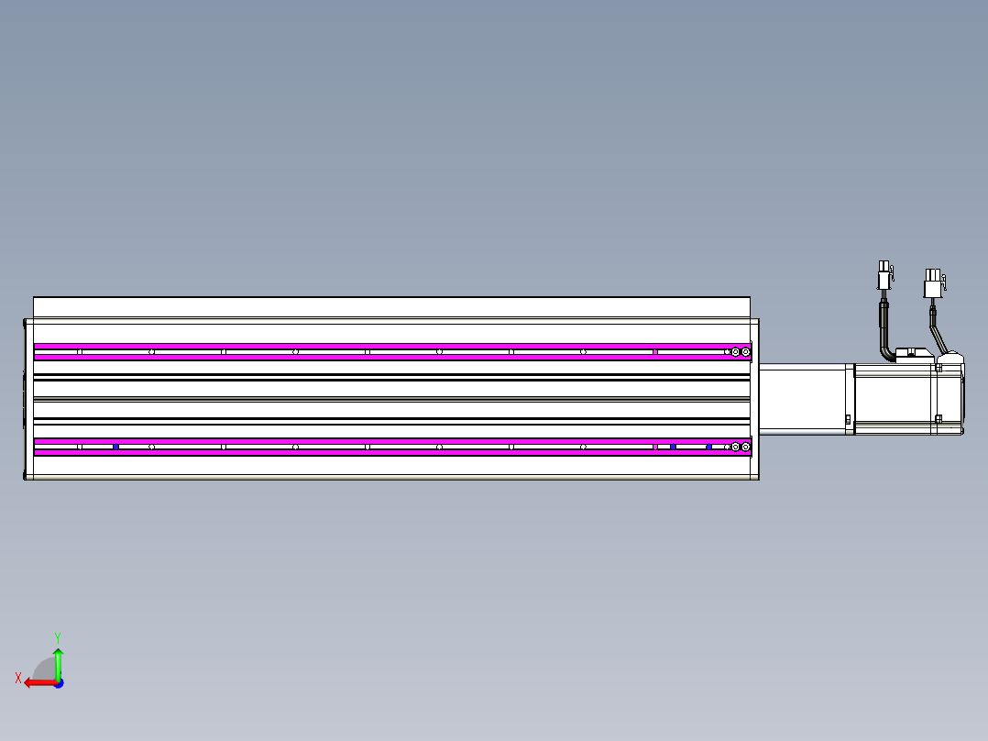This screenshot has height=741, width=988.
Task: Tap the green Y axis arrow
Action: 58,662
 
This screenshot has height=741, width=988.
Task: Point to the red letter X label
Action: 18,678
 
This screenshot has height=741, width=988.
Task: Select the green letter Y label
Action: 57,636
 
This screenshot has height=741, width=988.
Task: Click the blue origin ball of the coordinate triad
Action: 58,682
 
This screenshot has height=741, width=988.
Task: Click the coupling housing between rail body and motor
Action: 802,399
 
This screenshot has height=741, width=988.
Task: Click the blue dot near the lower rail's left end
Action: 115,447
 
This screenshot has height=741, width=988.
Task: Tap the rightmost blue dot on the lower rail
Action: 708,447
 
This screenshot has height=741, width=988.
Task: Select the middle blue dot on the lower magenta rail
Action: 674,447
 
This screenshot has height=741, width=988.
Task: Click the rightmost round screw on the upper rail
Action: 746,351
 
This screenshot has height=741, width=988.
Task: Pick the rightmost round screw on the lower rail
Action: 746,447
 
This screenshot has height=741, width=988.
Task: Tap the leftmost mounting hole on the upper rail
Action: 80,351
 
